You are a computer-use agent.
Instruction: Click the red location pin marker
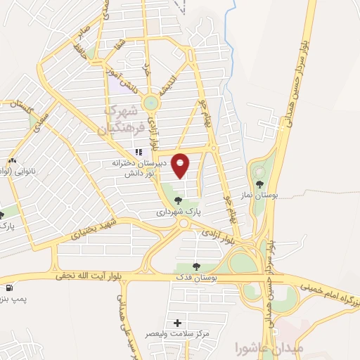(x=181, y=165)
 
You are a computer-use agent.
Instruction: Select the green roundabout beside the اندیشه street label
(x=150, y=103)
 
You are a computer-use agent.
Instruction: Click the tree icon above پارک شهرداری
(x=177, y=200)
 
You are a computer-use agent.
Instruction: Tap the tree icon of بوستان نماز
(x=259, y=184)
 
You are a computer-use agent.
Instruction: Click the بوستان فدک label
(x=196, y=278)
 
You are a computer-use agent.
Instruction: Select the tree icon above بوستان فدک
(x=196, y=267)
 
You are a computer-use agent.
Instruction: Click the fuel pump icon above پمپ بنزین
(x=8, y=288)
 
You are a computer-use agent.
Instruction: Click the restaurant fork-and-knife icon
(x=139, y=152)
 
